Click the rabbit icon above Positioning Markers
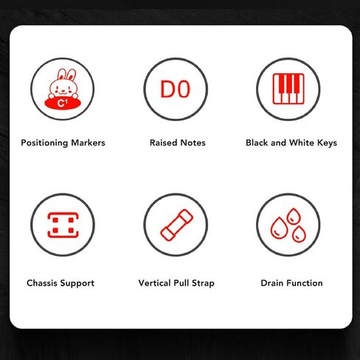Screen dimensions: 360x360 63,89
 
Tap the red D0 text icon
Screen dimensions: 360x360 176,89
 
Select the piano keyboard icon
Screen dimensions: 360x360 288,89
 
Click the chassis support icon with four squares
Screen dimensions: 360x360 63,225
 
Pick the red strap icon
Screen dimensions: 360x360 176,225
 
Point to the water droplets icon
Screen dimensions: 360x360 288,225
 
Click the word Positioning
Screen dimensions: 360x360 44,143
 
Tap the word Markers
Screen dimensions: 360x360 88,142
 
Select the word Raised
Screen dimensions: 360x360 163,142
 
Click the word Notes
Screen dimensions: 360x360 193,142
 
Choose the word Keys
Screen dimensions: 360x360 327,143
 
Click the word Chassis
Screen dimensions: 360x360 42,283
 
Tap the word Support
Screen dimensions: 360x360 77,283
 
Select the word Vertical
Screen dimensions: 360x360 154,283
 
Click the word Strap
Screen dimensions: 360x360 203,283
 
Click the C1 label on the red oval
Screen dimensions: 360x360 62,103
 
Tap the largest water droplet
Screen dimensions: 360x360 279,228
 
